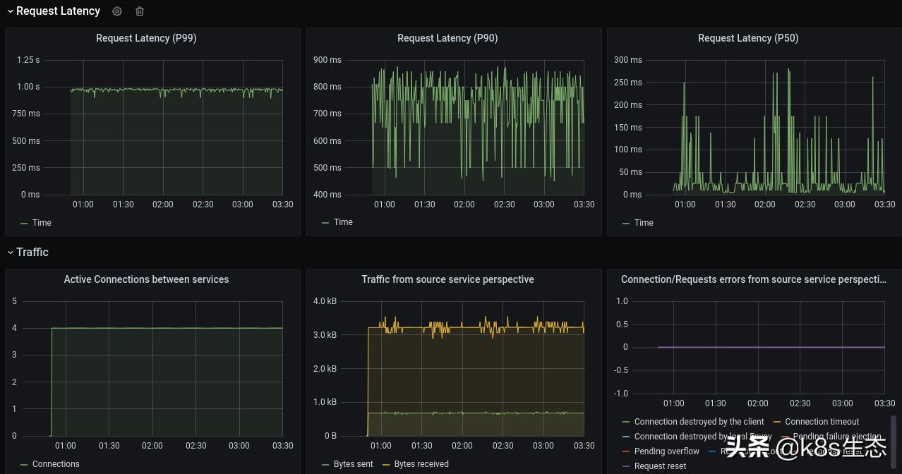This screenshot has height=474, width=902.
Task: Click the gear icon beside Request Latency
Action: [117, 11]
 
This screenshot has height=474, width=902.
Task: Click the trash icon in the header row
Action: [140, 11]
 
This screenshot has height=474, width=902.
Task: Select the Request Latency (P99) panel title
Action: [146, 38]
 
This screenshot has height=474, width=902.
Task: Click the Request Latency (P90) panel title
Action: [447, 38]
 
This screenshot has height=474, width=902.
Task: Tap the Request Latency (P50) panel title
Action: [748, 38]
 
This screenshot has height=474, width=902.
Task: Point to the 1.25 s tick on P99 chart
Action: [28, 60]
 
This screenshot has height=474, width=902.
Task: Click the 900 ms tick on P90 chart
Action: [327, 60]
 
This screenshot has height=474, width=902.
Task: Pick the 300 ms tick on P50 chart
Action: [627, 60]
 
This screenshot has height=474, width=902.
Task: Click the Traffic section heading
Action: [32, 252]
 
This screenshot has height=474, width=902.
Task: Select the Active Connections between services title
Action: [146, 279]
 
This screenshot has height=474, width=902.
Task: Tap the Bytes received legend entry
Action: [421, 464]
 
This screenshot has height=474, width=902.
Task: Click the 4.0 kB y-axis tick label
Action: [325, 301]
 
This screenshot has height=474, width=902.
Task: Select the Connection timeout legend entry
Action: [822, 422]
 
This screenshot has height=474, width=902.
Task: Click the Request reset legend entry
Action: [660, 466]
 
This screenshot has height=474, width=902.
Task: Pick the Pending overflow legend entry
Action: [666, 451]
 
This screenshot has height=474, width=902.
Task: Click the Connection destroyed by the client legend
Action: [699, 422]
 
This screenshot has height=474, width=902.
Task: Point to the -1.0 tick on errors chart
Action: [621, 394]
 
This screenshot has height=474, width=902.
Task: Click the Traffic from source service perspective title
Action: [447, 279]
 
